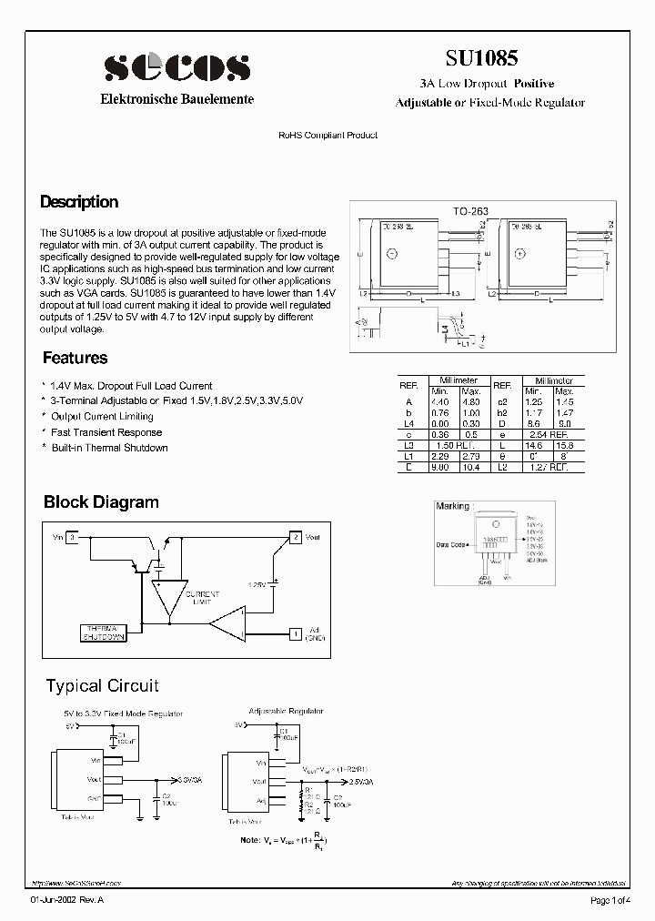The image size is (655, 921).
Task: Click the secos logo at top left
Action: [176, 67]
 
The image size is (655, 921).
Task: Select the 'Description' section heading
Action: [79, 202]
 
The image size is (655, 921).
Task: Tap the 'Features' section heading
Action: [75, 359]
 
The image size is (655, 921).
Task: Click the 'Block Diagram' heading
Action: [101, 502]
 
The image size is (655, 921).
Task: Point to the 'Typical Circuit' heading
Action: [102, 686]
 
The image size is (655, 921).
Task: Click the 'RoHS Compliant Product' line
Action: [327, 135]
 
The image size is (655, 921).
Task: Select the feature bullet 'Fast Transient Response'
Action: [106, 432]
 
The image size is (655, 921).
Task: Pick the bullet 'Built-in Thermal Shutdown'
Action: [109, 448]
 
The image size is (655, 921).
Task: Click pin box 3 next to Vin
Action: [73, 538]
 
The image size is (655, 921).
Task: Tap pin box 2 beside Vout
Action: [295, 538]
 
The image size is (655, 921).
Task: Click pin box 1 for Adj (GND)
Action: [295, 633]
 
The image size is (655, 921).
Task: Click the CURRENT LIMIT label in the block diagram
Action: [202, 597]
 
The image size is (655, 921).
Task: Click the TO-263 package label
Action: [471, 211]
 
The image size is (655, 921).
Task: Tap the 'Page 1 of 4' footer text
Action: [610, 901]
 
